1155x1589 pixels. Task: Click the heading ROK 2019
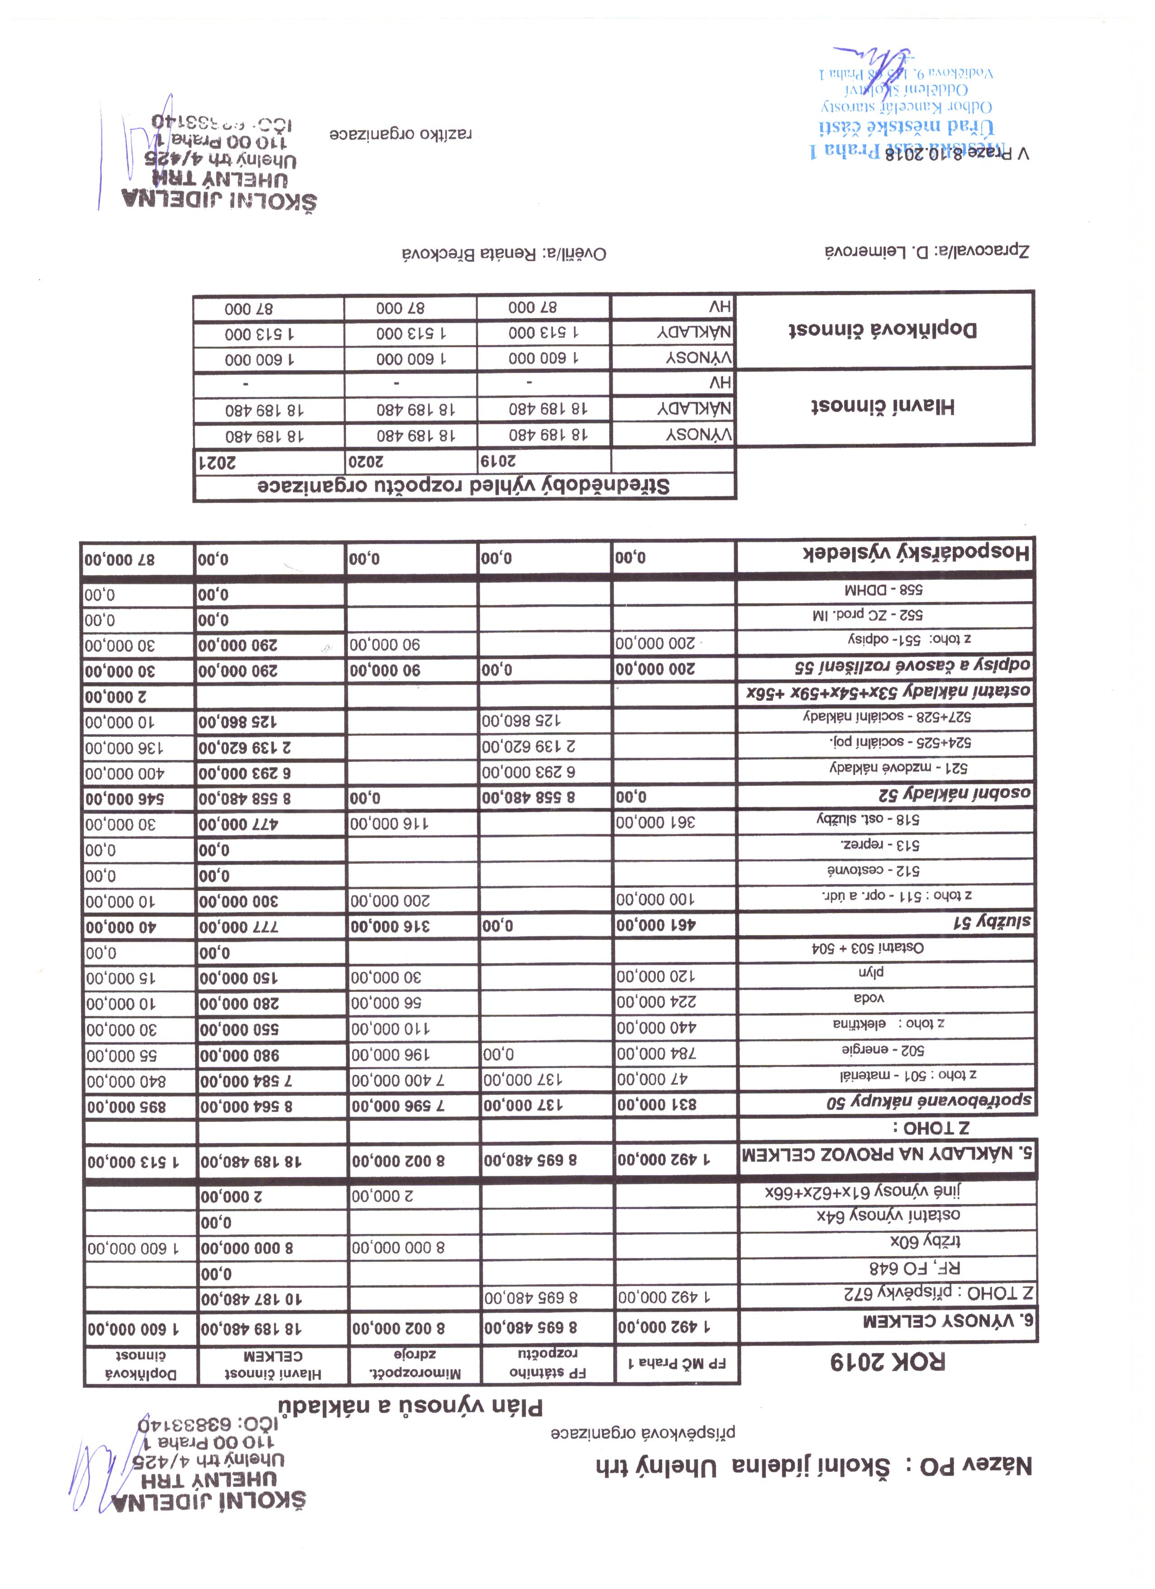[x=888, y=1362]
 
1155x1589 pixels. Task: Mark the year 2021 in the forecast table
[x=219, y=462]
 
